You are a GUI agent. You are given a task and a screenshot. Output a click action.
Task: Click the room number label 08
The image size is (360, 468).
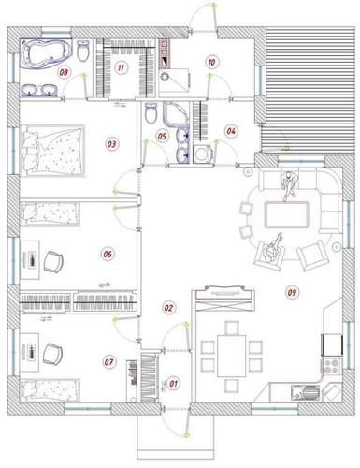tap(64, 72)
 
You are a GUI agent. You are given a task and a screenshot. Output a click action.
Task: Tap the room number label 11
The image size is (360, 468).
tap(121, 67)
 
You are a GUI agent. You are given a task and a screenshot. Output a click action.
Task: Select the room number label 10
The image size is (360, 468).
tap(211, 62)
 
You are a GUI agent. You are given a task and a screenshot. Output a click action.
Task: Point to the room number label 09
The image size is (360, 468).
tap(292, 292)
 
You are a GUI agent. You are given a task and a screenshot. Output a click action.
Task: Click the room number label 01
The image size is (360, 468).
tap(173, 383)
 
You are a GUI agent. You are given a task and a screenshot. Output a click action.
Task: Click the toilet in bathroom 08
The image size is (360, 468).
tap(83, 51)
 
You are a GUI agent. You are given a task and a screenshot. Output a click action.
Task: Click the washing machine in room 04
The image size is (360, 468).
tap(204, 154)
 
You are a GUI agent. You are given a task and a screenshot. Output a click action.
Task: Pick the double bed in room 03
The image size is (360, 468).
tap(52, 151)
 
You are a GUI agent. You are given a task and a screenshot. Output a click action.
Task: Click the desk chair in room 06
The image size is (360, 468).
tap(53, 261)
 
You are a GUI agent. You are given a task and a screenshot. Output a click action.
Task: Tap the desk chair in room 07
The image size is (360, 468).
tap(53, 354)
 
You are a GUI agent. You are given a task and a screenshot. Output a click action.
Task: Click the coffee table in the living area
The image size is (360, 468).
tap(287, 214)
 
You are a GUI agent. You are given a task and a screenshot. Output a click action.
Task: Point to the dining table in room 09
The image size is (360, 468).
tap(232, 356)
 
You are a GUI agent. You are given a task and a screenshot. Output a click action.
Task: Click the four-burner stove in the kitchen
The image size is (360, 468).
tap(331, 366)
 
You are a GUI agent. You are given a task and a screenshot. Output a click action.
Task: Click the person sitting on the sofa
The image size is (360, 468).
tap(289, 185)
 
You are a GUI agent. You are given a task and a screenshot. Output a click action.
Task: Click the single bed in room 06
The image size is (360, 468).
tap(50, 213)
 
